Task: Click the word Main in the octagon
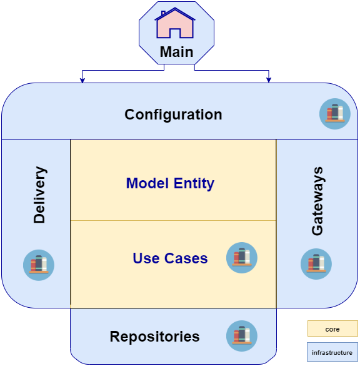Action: click(x=176, y=52)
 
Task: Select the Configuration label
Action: click(x=173, y=114)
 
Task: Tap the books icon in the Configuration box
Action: click(x=335, y=114)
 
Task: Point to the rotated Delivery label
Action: click(x=39, y=195)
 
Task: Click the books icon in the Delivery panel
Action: click(x=39, y=265)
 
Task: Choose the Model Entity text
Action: click(x=170, y=183)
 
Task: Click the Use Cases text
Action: click(x=170, y=258)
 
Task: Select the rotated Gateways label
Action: click(x=317, y=201)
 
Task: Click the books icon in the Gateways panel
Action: click(x=316, y=264)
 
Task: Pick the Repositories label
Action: click(x=154, y=337)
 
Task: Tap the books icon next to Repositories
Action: click(x=241, y=336)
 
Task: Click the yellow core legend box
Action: click(x=332, y=329)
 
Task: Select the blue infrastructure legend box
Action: click(x=332, y=353)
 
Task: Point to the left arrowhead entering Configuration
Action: click(x=82, y=80)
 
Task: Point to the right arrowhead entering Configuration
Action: click(x=269, y=80)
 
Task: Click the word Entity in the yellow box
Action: click(x=192, y=183)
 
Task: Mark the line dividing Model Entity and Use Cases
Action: click(x=173, y=221)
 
